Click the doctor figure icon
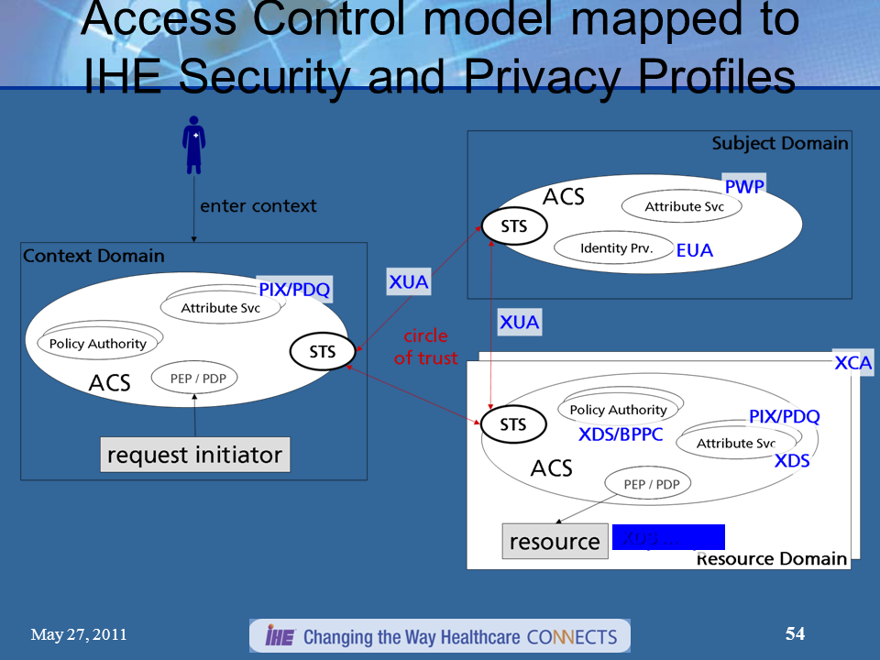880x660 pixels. coord(193,145)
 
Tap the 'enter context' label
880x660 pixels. coord(258,205)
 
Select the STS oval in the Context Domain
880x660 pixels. coord(323,351)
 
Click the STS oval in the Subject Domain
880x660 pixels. coord(514,226)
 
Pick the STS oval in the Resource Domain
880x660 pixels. coord(513,424)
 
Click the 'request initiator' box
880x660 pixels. coord(194,455)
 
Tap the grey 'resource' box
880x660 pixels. coord(555,541)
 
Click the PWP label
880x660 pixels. coord(743,187)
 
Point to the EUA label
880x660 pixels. coord(694,250)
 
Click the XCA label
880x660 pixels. coord(852,363)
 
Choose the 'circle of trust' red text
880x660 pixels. coord(425,347)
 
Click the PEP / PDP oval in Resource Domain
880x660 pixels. coord(647,483)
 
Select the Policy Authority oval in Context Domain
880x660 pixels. coord(97,344)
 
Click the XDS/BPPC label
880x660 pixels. coord(620,434)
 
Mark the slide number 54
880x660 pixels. coord(795,633)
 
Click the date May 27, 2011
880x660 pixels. coord(79,634)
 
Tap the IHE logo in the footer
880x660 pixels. coord(279,636)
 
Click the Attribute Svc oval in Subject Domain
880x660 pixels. coord(683,207)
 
